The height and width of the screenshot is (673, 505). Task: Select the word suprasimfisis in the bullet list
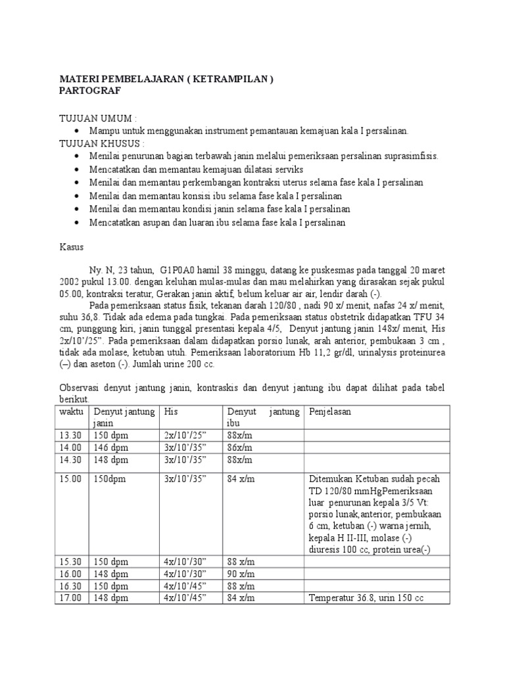coord(408,156)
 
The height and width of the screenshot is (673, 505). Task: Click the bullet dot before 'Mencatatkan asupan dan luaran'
coord(77,223)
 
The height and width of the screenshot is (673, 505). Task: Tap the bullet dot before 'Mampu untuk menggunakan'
coord(77,131)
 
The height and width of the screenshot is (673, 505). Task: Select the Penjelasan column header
coord(330,412)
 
